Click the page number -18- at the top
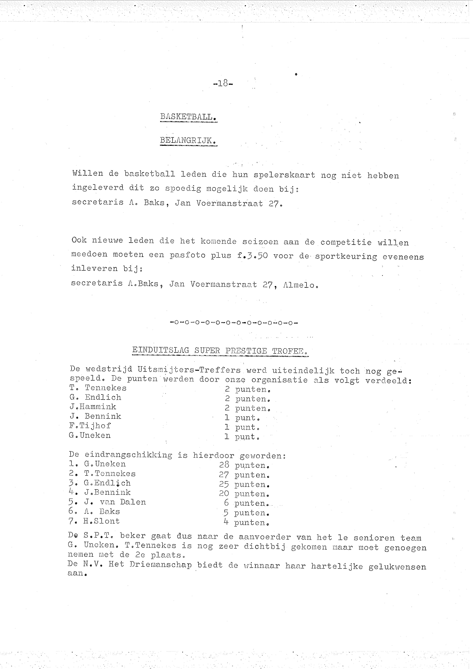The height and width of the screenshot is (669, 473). click(223, 84)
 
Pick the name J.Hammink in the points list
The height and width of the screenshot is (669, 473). click(93, 407)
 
